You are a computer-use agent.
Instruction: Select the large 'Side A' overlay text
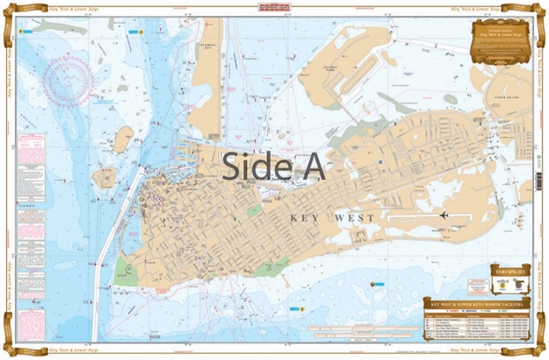[x=273, y=166]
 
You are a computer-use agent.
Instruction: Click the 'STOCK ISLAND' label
[x=509, y=87]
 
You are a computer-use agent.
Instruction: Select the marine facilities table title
[x=478, y=301]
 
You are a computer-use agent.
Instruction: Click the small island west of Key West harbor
[x=124, y=138]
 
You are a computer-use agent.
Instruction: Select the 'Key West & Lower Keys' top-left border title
[x=54, y=5]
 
